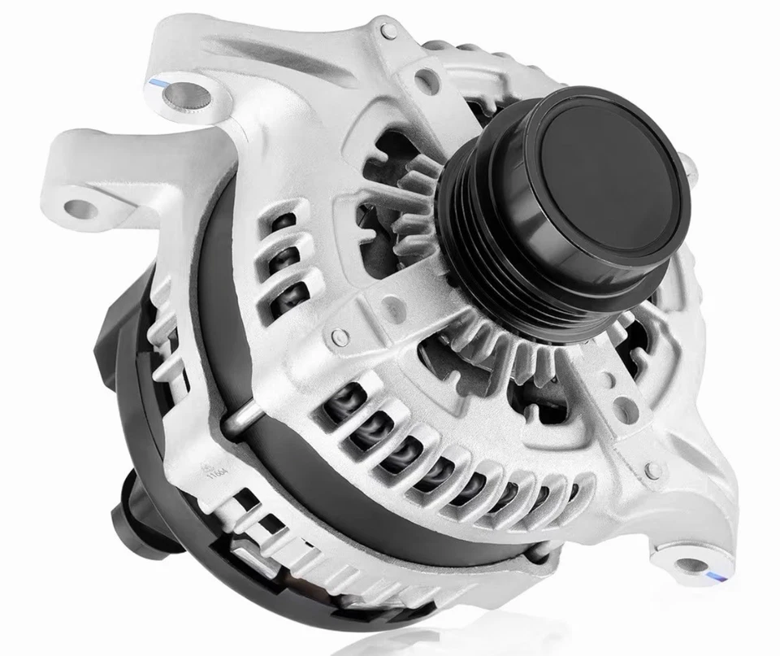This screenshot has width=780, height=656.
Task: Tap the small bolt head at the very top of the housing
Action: pyautogui.click(x=388, y=33)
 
